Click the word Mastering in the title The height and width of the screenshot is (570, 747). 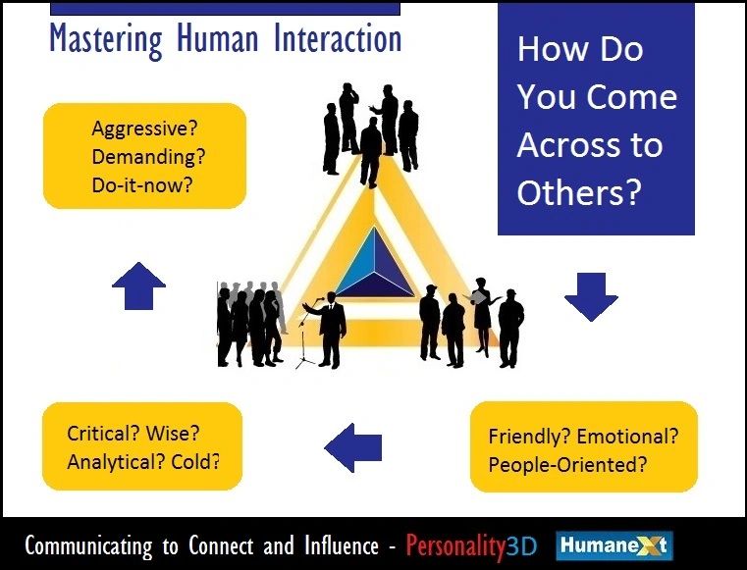click(x=106, y=39)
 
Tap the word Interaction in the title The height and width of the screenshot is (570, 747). click(x=338, y=38)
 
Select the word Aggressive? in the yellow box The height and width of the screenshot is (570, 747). click(x=144, y=130)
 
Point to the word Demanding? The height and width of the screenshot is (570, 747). click(x=148, y=157)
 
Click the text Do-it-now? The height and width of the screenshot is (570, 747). click(x=142, y=184)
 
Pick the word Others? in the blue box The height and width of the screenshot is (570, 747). click(x=579, y=192)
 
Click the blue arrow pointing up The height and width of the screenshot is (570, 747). click(x=138, y=285)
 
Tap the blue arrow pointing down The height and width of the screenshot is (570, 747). click(x=591, y=297)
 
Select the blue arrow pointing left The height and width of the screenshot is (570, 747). click(x=353, y=447)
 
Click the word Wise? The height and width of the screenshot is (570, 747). click(x=173, y=434)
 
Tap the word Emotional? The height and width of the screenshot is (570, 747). click(x=627, y=436)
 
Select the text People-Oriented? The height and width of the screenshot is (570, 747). click(x=568, y=464)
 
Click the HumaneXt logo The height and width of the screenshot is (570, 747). click(x=614, y=545)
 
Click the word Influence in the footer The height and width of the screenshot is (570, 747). click(x=342, y=545)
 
